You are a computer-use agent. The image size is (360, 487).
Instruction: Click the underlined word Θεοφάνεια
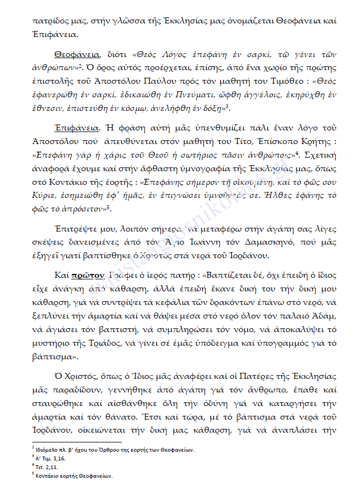click(76, 55)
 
